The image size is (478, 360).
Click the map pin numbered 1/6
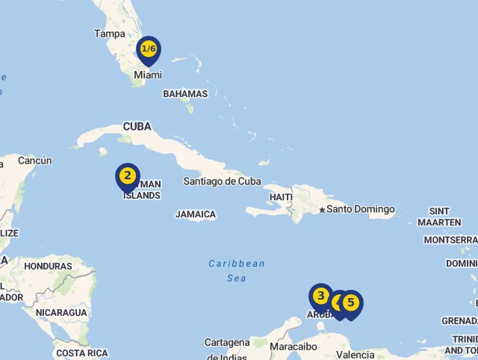coord(149,50)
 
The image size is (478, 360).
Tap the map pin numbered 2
coord(128,177)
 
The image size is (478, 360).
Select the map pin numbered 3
coord(321,297)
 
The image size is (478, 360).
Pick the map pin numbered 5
coord(350,304)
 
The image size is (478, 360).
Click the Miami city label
coord(147,75)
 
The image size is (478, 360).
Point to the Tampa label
coord(110,34)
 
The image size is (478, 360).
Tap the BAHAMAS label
coord(185,94)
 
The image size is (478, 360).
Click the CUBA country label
coord(137,126)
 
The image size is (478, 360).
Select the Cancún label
coord(34,161)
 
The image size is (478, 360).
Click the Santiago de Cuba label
coord(223,181)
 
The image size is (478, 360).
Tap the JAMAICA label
coord(196,214)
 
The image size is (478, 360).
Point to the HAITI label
coord(281,197)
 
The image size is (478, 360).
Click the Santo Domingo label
coord(361,209)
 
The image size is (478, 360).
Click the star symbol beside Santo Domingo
coord(322,210)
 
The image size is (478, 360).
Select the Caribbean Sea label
coord(237,270)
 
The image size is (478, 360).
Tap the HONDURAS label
coord(48,266)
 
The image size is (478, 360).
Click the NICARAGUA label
coord(61,312)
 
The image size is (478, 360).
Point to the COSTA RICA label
coord(81,353)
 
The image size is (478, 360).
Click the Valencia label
coord(356,355)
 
